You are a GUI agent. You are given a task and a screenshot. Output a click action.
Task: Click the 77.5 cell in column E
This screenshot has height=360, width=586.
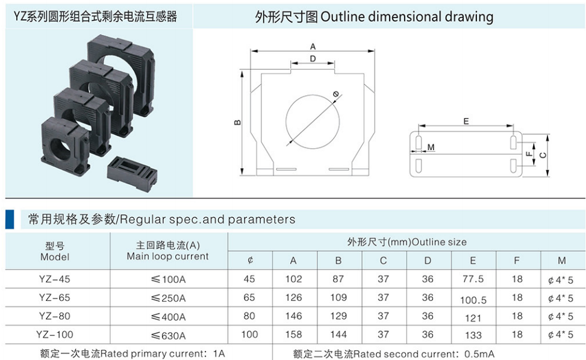click(473, 279)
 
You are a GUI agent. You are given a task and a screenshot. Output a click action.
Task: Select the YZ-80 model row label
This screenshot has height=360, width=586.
click(55, 316)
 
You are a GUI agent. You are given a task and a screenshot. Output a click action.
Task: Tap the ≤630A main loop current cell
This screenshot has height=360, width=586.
click(168, 335)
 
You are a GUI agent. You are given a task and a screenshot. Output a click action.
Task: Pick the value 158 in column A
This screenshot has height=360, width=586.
click(293, 334)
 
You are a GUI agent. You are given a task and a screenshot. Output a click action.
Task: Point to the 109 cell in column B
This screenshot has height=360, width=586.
click(338, 297)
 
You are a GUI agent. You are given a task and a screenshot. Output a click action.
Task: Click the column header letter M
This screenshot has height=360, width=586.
click(562, 260)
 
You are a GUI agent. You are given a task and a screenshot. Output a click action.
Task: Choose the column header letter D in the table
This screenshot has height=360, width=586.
click(428, 260)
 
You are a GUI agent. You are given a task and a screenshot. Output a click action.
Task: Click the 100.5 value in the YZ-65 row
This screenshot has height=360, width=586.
click(473, 300)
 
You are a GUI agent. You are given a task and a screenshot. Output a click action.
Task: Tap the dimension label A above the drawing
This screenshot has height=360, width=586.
click(313, 46)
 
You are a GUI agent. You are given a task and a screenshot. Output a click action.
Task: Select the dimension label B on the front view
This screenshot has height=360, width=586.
click(237, 122)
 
